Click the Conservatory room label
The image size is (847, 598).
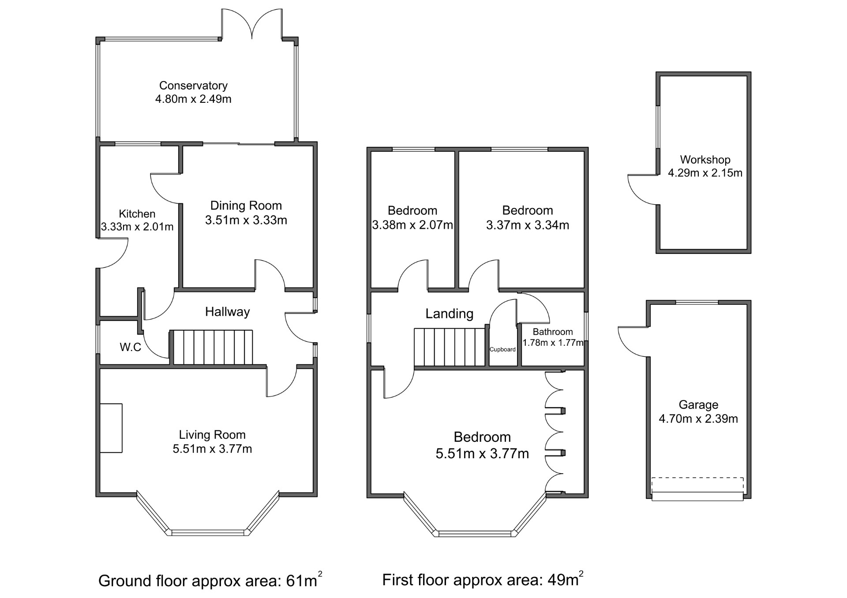click(x=193, y=86)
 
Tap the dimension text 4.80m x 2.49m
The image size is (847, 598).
click(x=193, y=99)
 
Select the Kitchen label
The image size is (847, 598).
click(x=137, y=214)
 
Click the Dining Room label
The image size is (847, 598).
click(x=246, y=206)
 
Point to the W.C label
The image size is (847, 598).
click(x=131, y=347)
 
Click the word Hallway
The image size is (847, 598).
click(x=228, y=312)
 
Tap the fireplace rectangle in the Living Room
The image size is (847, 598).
click(x=111, y=428)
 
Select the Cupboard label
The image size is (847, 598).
click(x=502, y=349)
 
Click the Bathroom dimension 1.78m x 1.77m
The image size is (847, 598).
click(x=553, y=343)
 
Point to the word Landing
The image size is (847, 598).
click(x=450, y=314)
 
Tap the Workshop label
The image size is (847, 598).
click(x=705, y=160)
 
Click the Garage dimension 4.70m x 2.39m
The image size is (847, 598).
click(x=698, y=419)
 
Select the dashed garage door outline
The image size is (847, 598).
click(x=697, y=484)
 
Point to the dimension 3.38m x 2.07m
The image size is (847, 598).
click(x=412, y=225)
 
